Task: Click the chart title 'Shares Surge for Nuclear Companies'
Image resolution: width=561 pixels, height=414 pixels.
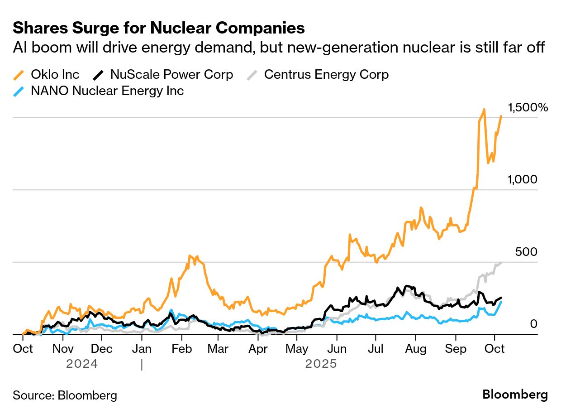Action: click(x=159, y=28)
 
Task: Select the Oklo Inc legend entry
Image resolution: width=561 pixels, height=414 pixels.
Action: click(x=55, y=74)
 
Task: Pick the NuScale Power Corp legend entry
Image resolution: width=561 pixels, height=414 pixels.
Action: click(x=171, y=74)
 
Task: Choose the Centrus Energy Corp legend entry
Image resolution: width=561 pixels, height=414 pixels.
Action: click(x=326, y=74)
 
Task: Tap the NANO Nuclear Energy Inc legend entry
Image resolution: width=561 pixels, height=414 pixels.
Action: click(x=107, y=91)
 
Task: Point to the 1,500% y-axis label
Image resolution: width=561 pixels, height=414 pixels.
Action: click(x=528, y=107)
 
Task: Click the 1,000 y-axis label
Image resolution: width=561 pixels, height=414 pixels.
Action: click(x=522, y=179)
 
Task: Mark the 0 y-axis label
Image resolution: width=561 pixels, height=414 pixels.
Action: click(x=533, y=324)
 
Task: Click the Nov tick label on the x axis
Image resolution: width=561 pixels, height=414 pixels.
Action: click(x=63, y=349)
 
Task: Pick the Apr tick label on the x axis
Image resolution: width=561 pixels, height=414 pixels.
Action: click(x=258, y=349)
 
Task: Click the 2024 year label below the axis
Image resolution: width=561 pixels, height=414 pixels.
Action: click(x=82, y=364)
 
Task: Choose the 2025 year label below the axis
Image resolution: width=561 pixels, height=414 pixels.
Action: click(x=321, y=364)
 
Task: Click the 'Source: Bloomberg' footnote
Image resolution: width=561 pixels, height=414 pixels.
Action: click(x=65, y=395)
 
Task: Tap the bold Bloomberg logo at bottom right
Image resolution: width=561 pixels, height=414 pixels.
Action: click(x=515, y=395)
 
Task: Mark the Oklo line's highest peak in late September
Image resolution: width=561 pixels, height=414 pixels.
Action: click(x=484, y=110)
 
